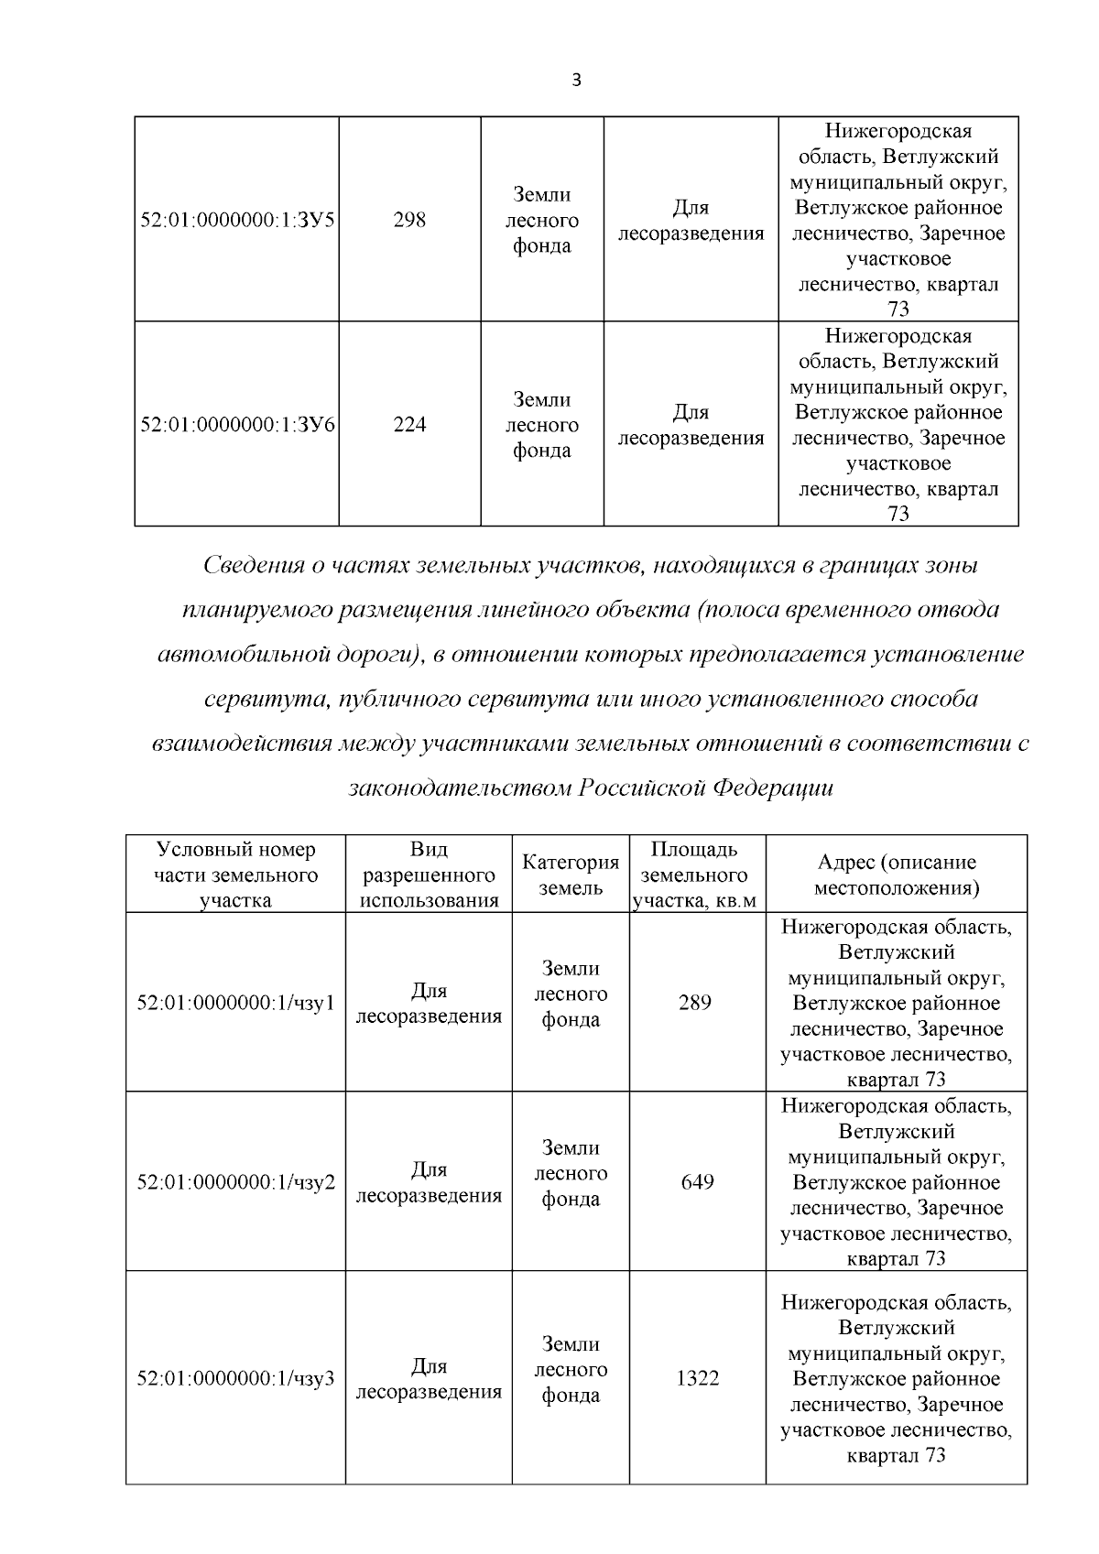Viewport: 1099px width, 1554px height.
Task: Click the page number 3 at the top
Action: click(x=576, y=80)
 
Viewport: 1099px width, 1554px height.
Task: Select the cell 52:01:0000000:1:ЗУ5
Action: click(x=237, y=220)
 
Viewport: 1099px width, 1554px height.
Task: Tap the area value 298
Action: click(x=409, y=220)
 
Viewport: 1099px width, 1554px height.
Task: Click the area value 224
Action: click(x=409, y=425)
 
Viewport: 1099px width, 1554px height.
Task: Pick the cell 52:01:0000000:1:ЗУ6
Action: click(x=237, y=425)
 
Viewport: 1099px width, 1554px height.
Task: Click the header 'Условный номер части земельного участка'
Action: click(x=235, y=875)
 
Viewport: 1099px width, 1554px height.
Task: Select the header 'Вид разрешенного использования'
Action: click(x=429, y=875)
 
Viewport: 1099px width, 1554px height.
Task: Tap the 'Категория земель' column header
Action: click(x=571, y=875)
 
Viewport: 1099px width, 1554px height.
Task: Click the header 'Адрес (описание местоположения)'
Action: click(x=896, y=875)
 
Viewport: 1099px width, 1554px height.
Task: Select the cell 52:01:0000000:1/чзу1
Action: click(x=235, y=1003)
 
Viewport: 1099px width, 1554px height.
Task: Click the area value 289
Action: click(x=695, y=1003)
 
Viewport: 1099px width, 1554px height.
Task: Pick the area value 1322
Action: click(x=697, y=1378)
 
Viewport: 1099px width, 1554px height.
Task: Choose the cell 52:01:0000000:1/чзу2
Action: click(x=235, y=1182)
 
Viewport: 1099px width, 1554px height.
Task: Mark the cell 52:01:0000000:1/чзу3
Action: click(x=235, y=1378)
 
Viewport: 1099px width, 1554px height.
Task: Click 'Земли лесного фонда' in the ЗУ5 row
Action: click(x=542, y=220)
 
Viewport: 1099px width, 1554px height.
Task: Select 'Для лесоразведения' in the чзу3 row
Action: click(x=429, y=1379)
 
